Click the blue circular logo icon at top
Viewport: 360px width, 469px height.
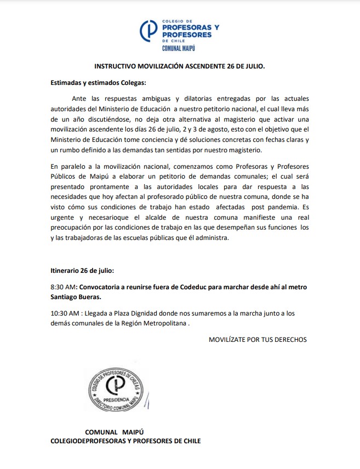tap(149, 31)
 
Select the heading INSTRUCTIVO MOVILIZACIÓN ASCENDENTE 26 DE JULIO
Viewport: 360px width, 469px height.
tap(179, 67)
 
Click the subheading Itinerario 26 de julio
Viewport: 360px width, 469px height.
tap(83, 271)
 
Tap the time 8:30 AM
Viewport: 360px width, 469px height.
tap(62, 287)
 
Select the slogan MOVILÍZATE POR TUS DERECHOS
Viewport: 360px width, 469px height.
tap(258, 340)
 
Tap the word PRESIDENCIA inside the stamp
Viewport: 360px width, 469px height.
tap(117, 401)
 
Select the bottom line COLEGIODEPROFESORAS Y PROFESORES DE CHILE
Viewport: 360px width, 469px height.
tap(125, 441)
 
